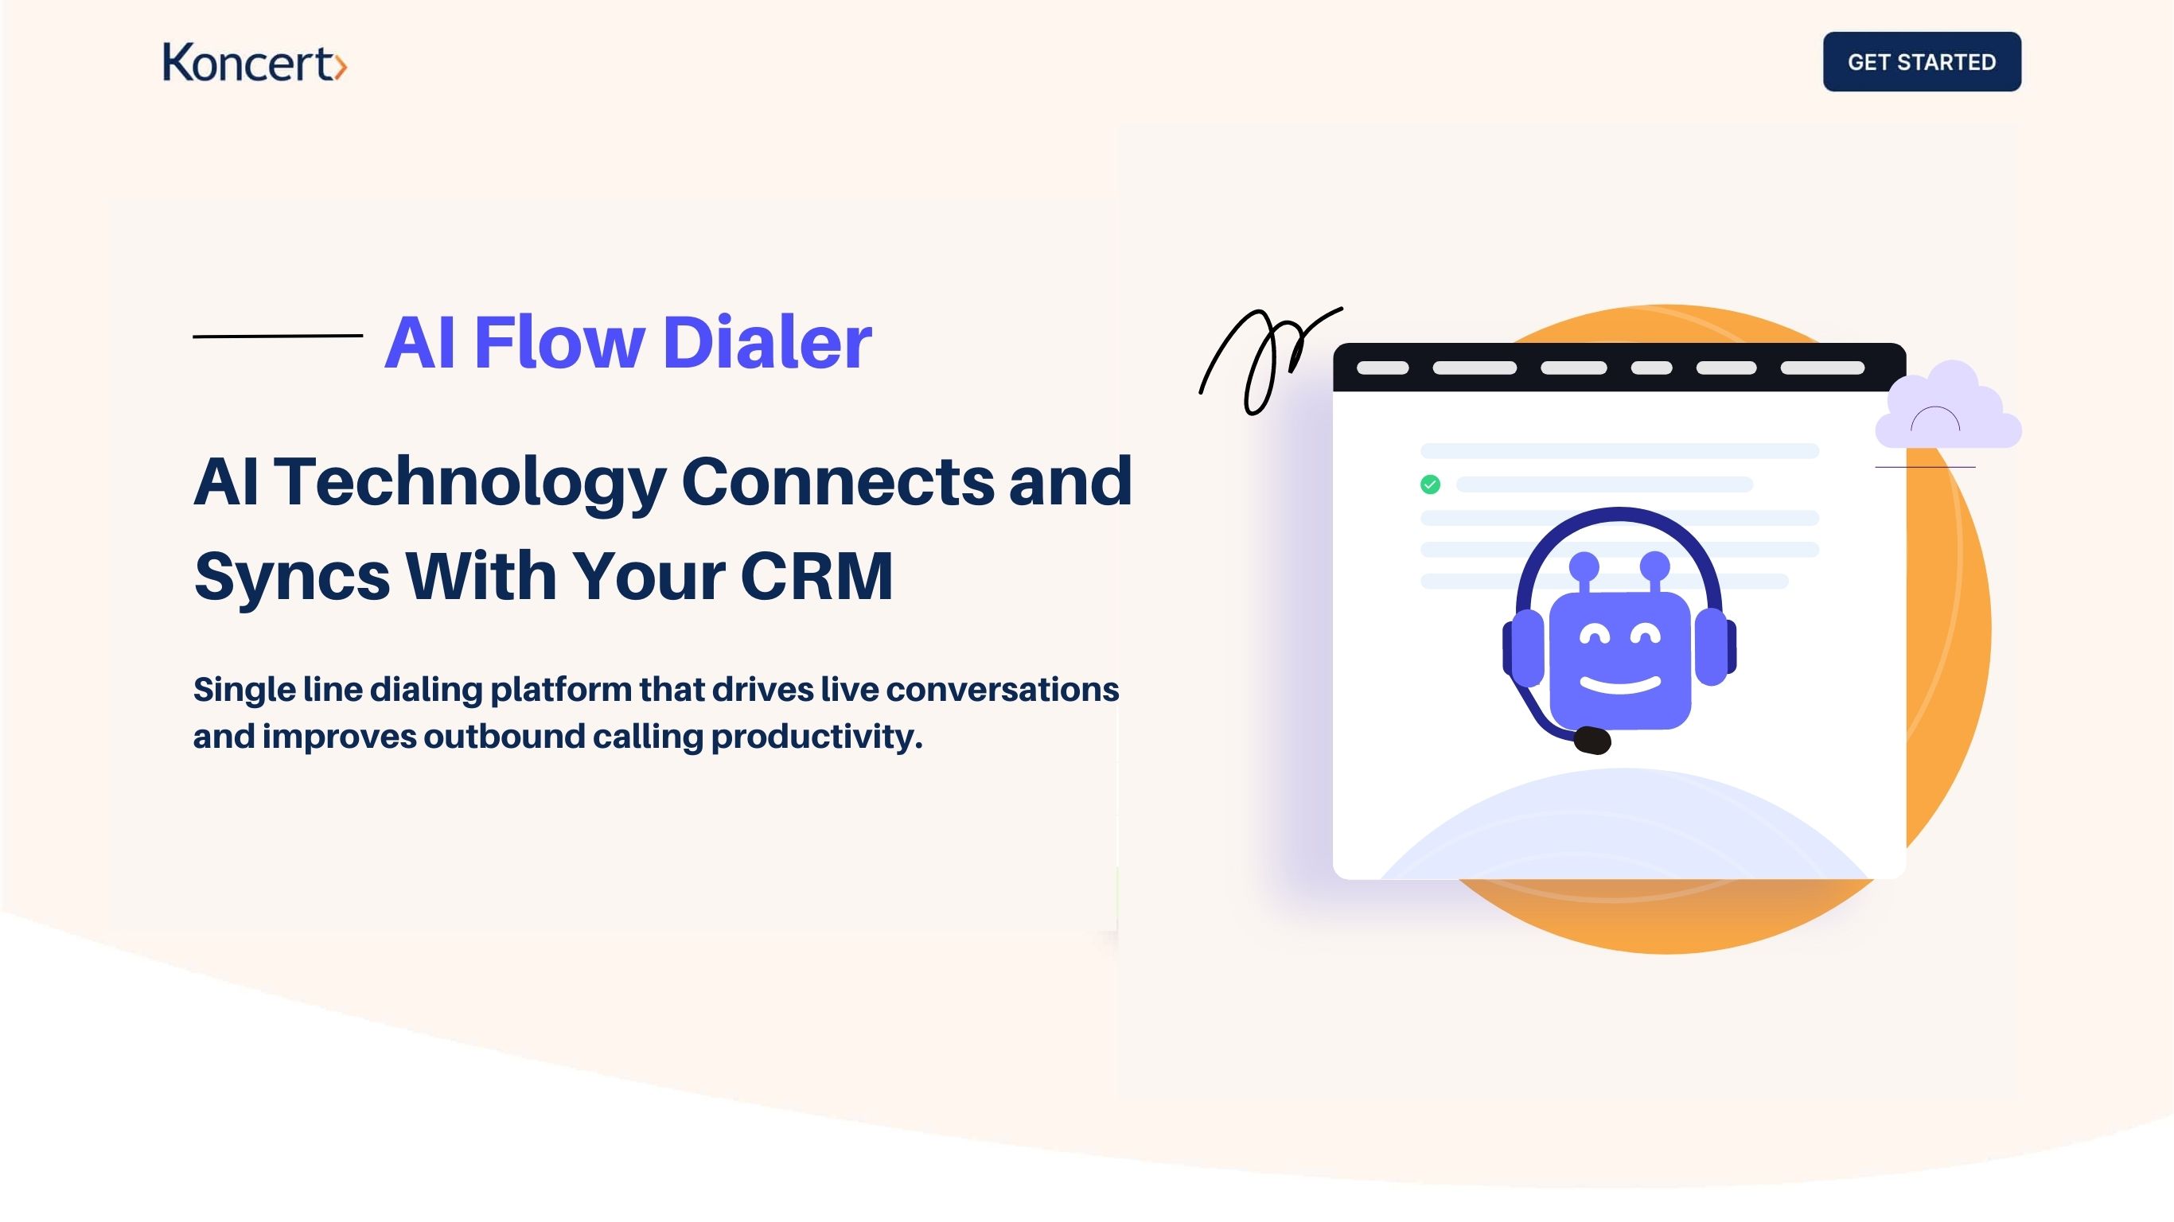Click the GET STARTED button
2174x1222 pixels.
(x=1921, y=61)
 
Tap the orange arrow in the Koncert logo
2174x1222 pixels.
(x=339, y=67)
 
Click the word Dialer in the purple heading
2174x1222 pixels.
(x=766, y=342)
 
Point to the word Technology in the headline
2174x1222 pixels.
(x=470, y=482)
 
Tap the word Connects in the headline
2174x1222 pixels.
(x=837, y=482)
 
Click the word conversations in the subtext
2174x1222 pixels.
(x=1002, y=690)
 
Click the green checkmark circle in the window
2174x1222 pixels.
(x=1430, y=485)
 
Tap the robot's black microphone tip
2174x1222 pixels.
(x=1592, y=740)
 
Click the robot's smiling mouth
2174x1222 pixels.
(x=1619, y=683)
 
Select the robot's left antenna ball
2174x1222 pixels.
(x=1584, y=565)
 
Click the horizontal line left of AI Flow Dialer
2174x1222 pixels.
(x=278, y=336)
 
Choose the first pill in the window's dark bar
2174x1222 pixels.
(x=1382, y=368)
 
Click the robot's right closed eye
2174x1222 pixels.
(x=1645, y=635)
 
